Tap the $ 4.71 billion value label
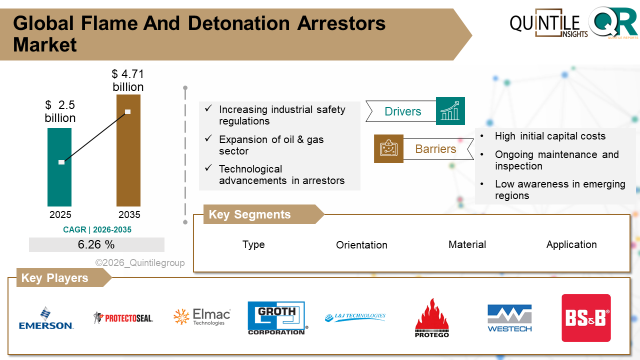pyautogui.click(x=127, y=80)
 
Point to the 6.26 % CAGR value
pyautogui.click(x=96, y=244)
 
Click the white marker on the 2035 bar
pyautogui.click(x=127, y=111)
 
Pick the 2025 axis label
pyautogui.click(x=60, y=215)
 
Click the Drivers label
pyautogui.click(x=402, y=111)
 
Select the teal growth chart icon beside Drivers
pyautogui.click(x=450, y=111)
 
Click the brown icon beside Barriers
pyautogui.click(x=388, y=148)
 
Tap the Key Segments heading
pyautogui.click(x=249, y=214)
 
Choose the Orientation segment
pyautogui.click(x=361, y=245)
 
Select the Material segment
pyautogui.click(x=467, y=244)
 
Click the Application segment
pyautogui.click(x=571, y=244)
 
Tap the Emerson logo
pyautogui.click(x=46, y=318)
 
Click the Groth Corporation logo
pyautogui.click(x=276, y=318)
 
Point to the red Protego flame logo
pyautogui.click(x=432, y=318)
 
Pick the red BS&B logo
pyautogui.click(x=586, y=318)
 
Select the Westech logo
pyautogui.click(x=509, y=318)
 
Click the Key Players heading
pyautogui.click(x=54, y=278)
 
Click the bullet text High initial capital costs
pyautogui.click(x=550, y=136)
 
